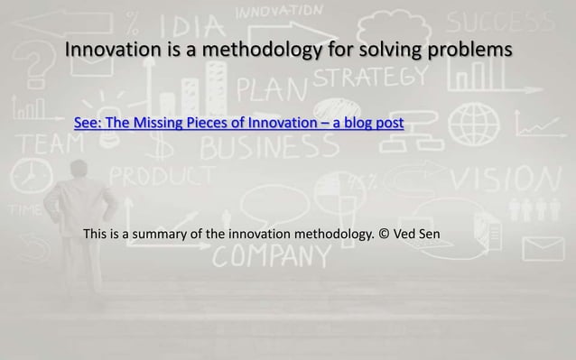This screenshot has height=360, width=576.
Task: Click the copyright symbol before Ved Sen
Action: (x=384, y=236)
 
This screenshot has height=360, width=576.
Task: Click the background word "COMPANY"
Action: (x=271, y=258)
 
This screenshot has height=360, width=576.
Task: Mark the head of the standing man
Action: (x=79, y=169)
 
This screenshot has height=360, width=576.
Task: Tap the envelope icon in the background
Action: (x=542, y=248)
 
